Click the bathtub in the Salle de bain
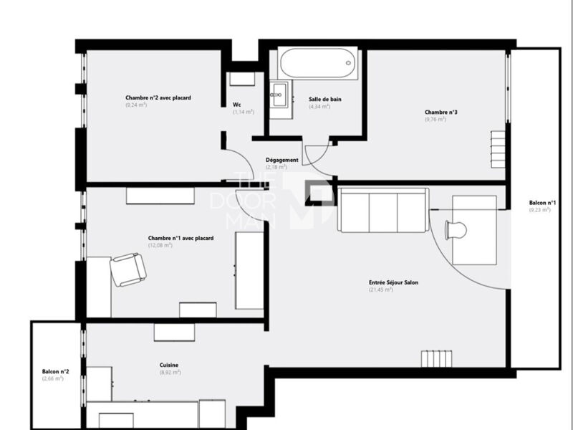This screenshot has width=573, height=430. click(317, 63)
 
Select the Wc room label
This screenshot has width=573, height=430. click(237, 105)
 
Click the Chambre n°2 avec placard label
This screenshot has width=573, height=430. click(158, 97)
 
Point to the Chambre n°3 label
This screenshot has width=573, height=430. click(440, 113)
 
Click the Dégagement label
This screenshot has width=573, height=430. click(281, 160)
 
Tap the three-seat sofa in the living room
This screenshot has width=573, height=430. click(383, 210)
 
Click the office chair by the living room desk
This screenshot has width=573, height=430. click(456, 230)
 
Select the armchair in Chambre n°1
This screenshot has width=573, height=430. click(128, 269)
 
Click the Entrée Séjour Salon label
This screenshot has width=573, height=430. click(393, 282)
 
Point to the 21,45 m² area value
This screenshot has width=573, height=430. click(381, 290)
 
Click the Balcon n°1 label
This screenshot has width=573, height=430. click(542, 203)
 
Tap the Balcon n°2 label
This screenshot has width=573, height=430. click(55, 371)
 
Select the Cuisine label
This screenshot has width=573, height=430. click(169, 365)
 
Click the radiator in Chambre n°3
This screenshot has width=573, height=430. click(498, 149)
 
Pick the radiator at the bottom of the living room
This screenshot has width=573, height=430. click(437, 359)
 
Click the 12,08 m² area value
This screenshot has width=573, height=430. click(160, 245)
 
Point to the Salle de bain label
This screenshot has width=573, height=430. click(325, 99)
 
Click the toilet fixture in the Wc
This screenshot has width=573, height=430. click(242, 79)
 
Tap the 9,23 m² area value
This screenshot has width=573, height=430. click(540, 210)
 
